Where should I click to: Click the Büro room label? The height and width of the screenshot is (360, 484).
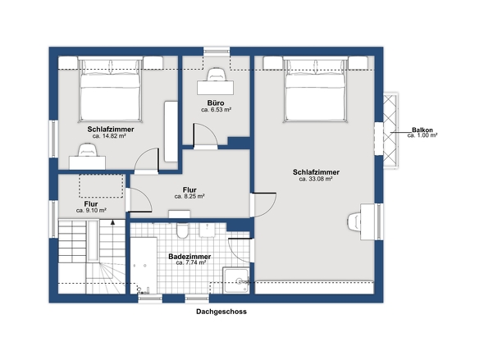point(216,103)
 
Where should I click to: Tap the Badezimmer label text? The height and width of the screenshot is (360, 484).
point(189,257)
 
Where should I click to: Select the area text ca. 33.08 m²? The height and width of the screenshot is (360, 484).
point(316,179)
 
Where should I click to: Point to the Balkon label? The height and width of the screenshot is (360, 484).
point(422,130)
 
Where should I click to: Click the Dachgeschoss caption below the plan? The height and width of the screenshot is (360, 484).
point(221,312)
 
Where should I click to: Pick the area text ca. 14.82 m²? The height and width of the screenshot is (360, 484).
point(109,136)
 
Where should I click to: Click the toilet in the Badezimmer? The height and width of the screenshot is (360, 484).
point(182,230)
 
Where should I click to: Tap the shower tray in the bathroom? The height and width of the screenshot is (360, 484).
point(236,280)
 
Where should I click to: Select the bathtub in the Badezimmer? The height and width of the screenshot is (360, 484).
point(144,266)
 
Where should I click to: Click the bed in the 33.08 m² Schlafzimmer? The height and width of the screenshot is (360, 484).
point(316,89)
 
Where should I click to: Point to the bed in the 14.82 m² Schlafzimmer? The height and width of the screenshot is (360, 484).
point(110,89)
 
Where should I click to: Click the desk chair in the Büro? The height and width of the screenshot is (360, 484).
point(216,75)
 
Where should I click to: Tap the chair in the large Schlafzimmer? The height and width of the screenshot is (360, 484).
point(354,221)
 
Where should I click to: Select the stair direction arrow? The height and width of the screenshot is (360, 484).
point(112,221)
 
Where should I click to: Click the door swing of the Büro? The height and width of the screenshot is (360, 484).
point(206,136)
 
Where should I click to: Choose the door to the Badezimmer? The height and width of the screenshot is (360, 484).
point(239,250)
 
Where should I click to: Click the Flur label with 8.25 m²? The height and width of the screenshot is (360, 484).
point(189,189)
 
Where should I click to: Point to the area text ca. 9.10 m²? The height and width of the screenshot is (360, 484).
point(91,211)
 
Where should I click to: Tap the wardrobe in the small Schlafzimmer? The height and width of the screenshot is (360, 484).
point(171,131)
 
